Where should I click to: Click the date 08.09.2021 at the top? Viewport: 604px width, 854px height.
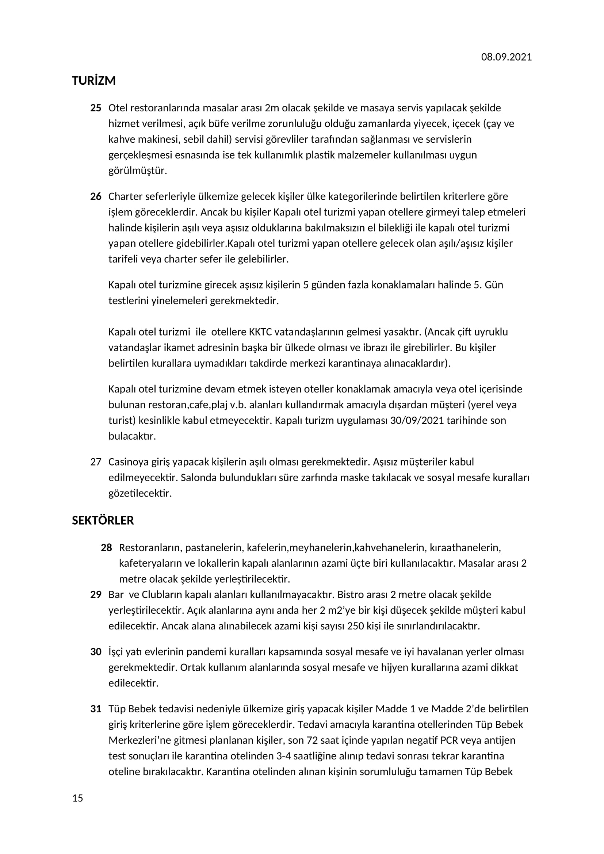click(506, 57)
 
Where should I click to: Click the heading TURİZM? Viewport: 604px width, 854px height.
click(94, 81)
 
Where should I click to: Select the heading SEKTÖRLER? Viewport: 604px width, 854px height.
click(103, 520)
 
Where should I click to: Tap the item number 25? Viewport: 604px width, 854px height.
click(96, 108)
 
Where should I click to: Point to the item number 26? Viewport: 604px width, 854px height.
click(96, 196)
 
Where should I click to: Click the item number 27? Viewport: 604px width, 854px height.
click(96, 462)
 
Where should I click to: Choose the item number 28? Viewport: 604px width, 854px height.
click(106, 548)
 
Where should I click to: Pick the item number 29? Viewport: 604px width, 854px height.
click(96, 594)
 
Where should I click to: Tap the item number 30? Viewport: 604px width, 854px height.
click(96, 652)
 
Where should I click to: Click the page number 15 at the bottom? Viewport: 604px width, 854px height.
click(78, 798)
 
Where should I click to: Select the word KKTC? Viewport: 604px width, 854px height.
click(260, 332)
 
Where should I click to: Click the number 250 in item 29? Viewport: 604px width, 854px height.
click(355, 626)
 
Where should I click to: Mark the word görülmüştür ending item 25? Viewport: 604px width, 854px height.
click(138, 171)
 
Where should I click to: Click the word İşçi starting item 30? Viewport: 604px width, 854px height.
click(116, 652)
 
